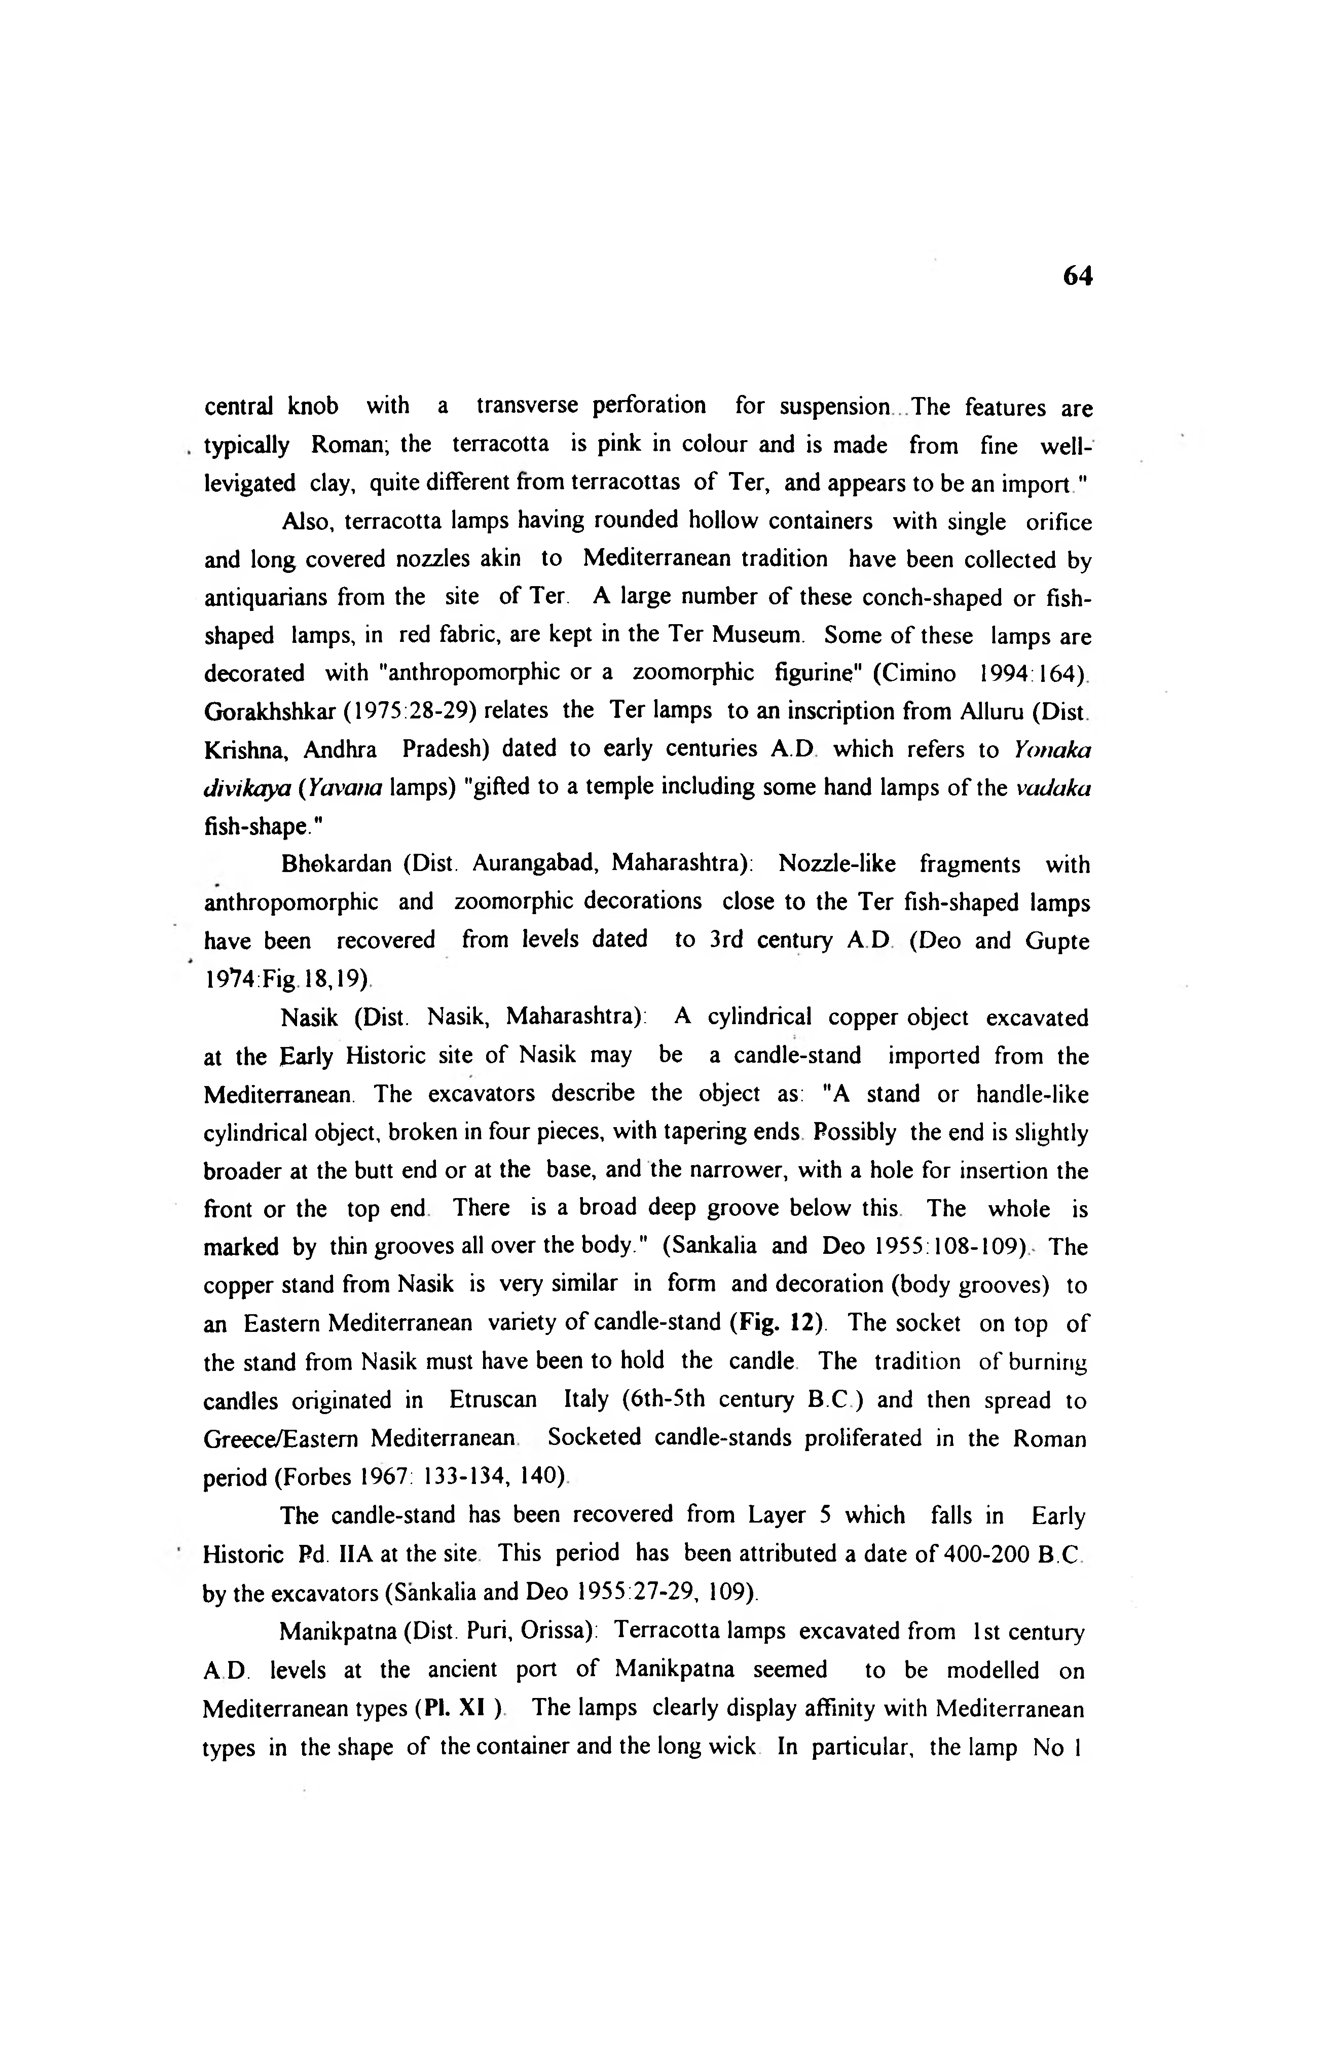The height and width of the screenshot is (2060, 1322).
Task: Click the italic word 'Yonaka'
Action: [1052, 750]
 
